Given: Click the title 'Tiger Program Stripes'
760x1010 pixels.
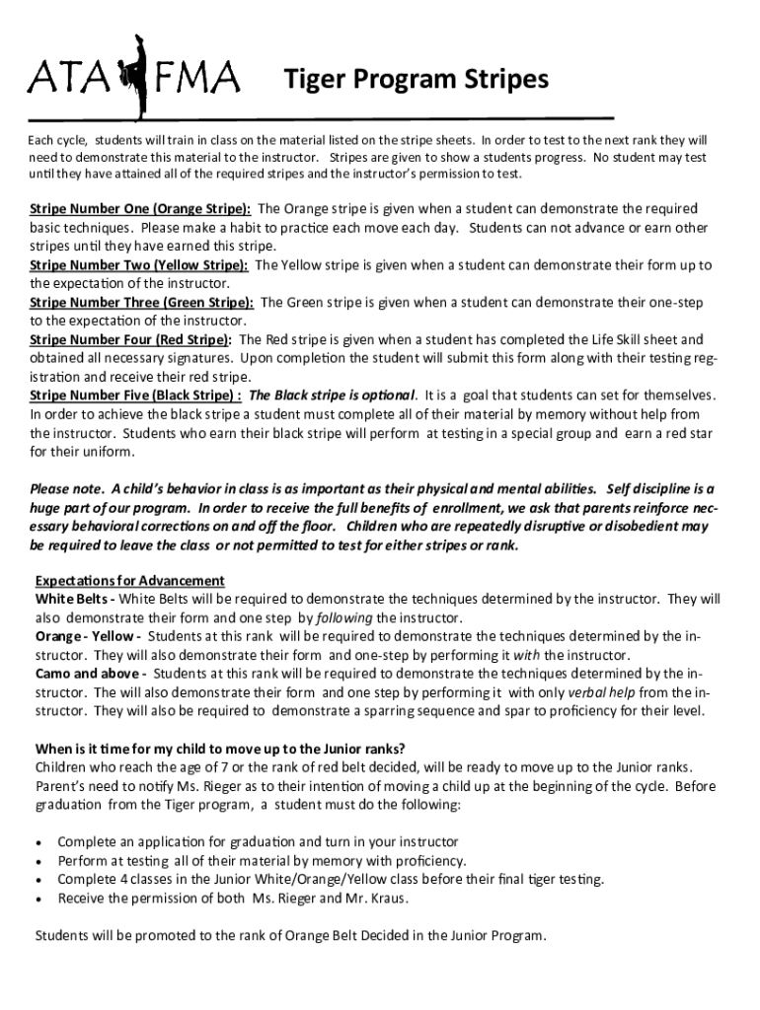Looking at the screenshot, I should pyautogui.click(x=416, y=79).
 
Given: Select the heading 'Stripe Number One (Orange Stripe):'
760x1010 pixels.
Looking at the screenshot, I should pyautogui.click(x=140, y=209).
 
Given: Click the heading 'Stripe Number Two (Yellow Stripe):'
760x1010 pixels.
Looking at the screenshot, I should pyautogui.click(x=139, y=265).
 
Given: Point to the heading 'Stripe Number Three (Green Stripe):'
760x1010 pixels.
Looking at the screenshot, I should pyautogui.click(x=142, y=303).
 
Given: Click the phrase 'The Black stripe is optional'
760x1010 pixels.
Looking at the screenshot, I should pyautogui.click(x=333, y=397).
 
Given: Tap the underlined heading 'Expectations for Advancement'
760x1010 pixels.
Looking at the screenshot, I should pyautogui.click(x=130, y=580).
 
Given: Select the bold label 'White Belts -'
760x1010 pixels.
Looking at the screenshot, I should pyautogui.click(x=74, y=599).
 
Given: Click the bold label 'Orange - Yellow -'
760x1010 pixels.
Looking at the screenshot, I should pyautogui.click(x=88, y=636).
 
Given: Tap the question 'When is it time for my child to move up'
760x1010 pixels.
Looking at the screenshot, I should pyautogui.click(x=220, y=748).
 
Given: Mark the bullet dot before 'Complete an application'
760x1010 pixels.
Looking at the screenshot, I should pyautogui.click(x=38, y=842).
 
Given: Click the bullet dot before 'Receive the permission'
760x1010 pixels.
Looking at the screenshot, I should pyautogui.click(x=38, y=899).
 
